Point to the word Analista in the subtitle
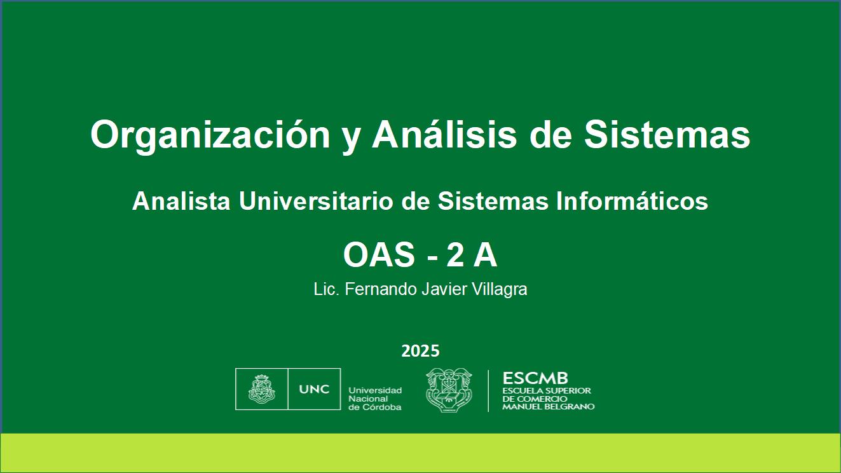(x=181, y=201)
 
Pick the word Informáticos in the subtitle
(x=632, y=201)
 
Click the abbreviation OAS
(x=379, y=255)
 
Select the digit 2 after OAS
(x=455, y=255)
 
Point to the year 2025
(x=420, y=351)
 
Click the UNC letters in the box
(x=314, y=389)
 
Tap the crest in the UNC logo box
(x=262, y=389)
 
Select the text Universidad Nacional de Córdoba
(x=375, y=399)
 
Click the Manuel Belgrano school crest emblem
(x=449, y=390)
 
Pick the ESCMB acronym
(x=535, y=378)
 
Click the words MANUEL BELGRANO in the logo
(x=548, y=406)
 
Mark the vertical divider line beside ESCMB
(x=488, y=391)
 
